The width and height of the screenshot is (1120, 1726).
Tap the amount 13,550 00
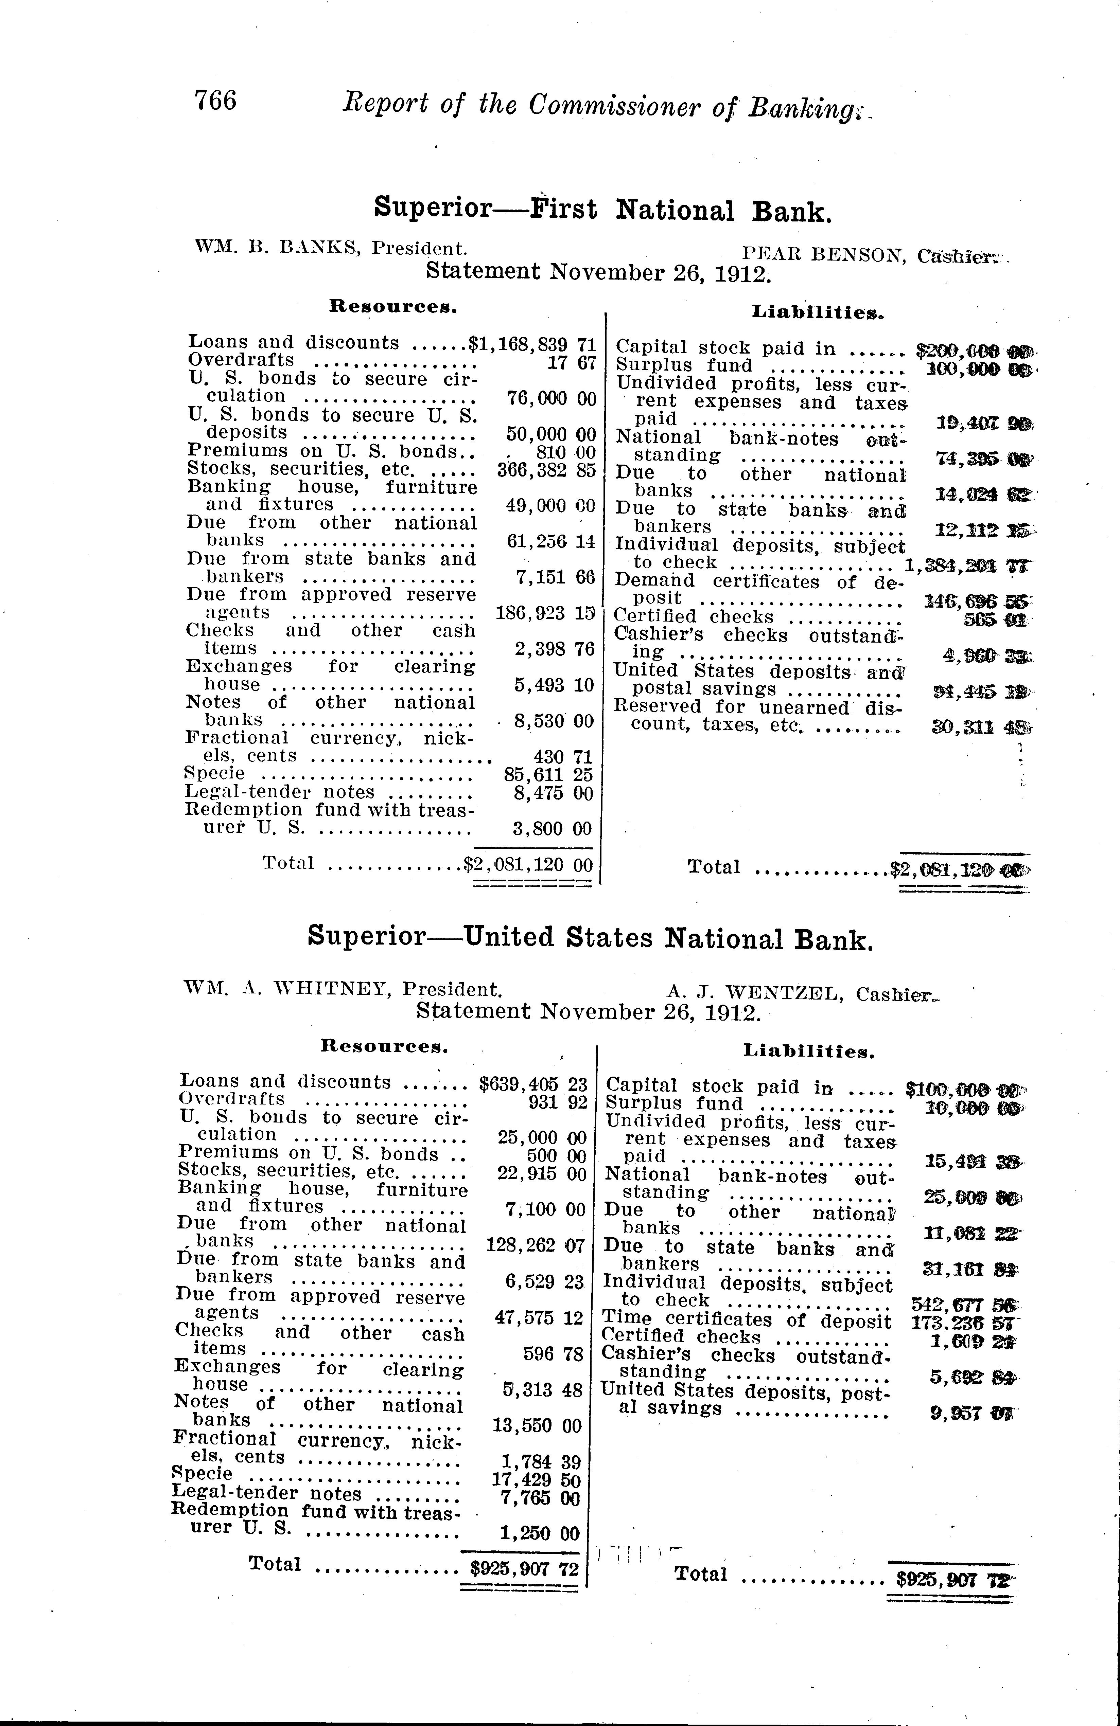pos(537,1425)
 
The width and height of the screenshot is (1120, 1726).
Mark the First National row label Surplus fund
pos(684,366)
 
